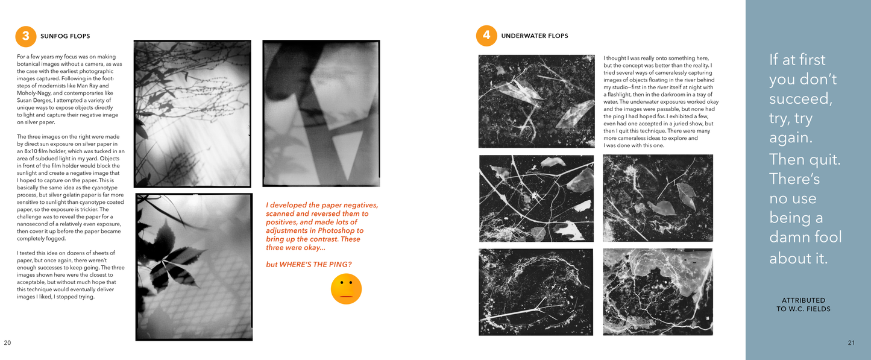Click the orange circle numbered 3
tap(25, 36)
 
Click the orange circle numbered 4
tap(486, 36)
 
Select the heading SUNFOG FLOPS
tap(65, 36)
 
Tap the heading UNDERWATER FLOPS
tap(534, 36)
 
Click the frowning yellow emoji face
tap(346, 289)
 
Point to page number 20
tap(7, 343)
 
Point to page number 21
tap(851, 343)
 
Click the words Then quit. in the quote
tap(805, 159)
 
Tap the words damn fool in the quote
tap(805, 238)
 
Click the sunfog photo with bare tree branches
tap(192, 113)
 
